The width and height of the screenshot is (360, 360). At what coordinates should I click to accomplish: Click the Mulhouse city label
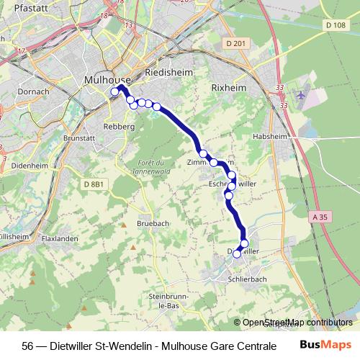[x=107, y=79]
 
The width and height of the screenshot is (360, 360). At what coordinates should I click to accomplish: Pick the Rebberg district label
[x=120, y=126]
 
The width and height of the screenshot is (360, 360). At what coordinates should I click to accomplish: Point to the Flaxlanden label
[x=60, y=238]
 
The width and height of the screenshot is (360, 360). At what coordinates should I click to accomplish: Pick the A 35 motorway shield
[x=320, y=215]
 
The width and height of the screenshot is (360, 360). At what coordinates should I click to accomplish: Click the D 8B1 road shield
[x=94, y=185]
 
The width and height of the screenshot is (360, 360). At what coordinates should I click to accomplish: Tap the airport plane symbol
[x=300, y=94]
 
